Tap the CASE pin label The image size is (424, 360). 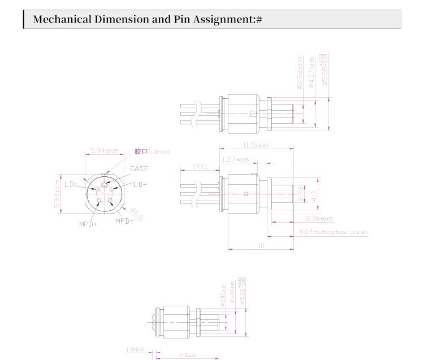(139, 168)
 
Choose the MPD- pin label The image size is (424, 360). (125, 220)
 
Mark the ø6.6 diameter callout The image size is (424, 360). (137, 214)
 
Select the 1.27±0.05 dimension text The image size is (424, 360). (235, 160)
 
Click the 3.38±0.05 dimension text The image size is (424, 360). (318, 219)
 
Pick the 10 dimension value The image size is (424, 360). (261, 246)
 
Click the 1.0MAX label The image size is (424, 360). (135, 350)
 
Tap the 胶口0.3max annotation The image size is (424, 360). (152, 151)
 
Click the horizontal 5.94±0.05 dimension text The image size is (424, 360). (104, 151)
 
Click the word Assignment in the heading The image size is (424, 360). (222, 20)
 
